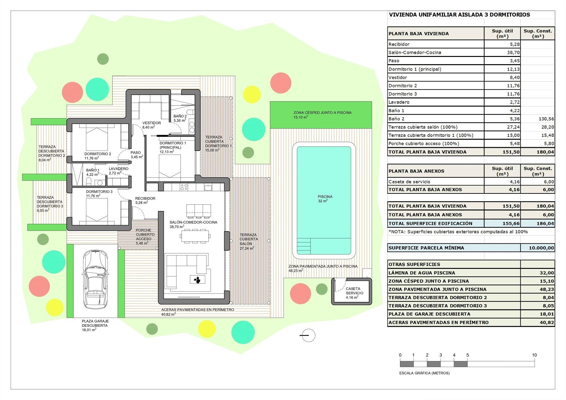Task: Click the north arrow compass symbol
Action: (x=308, y=336)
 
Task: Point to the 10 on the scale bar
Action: (x=534, y=355)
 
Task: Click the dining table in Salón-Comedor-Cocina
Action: (x=195, y=236)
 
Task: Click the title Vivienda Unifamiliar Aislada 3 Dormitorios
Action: (x=459, y=15)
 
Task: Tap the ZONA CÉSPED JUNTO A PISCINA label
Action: (x=322, y=113)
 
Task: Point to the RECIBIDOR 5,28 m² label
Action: (x=145, y=200)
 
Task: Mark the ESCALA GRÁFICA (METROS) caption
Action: (x=424, y=373)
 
